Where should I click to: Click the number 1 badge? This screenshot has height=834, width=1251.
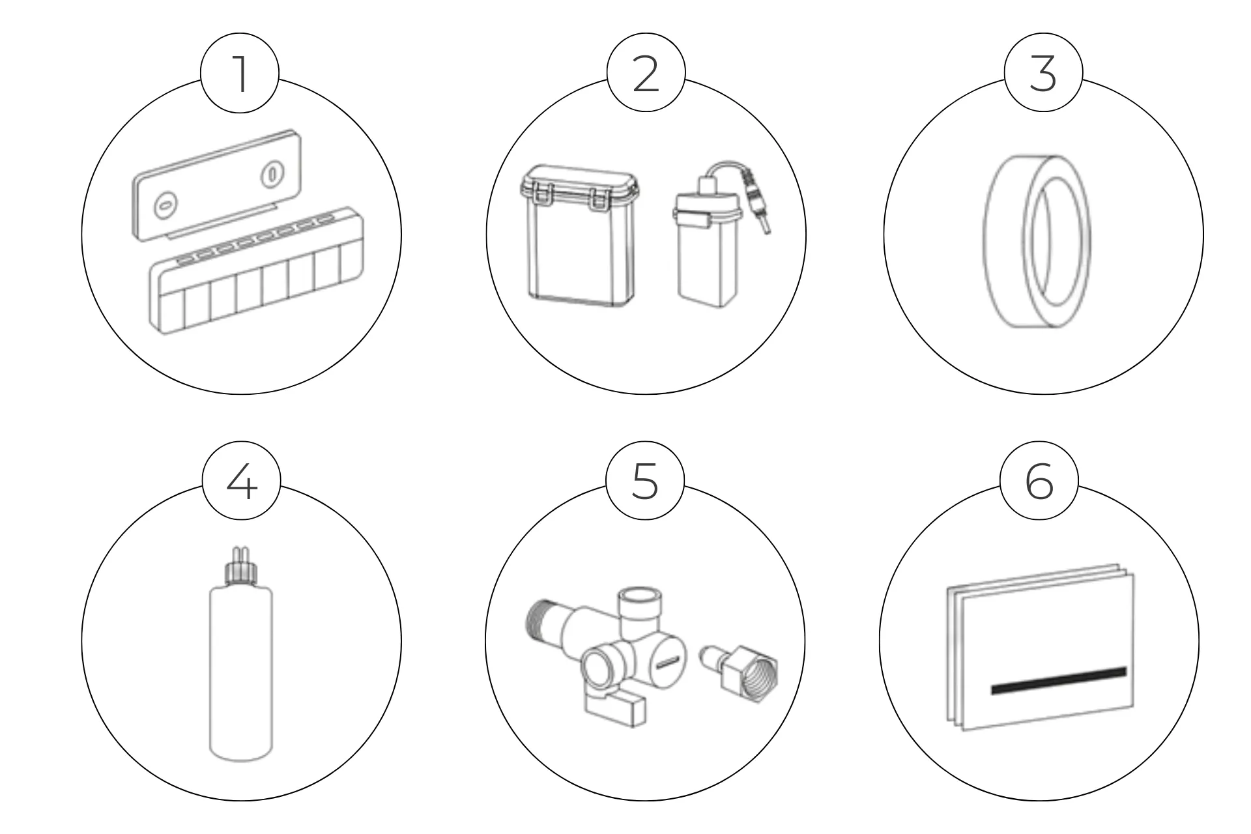click(240, 73)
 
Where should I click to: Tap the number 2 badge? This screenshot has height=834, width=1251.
click(646, 73)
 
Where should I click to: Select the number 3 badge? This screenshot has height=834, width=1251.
click(1043, 73)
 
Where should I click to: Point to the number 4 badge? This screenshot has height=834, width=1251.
click(241, 482)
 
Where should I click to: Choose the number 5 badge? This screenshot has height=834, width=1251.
click(645, 482)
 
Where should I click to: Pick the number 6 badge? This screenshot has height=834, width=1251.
click(1039, 482)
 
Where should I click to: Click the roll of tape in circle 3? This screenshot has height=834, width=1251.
click(1036, 241)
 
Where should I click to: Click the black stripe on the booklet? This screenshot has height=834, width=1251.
click(1059, 680)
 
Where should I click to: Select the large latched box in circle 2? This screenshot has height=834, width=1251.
click(579, 235)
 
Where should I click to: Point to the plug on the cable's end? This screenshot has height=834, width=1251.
click(760, 201)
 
